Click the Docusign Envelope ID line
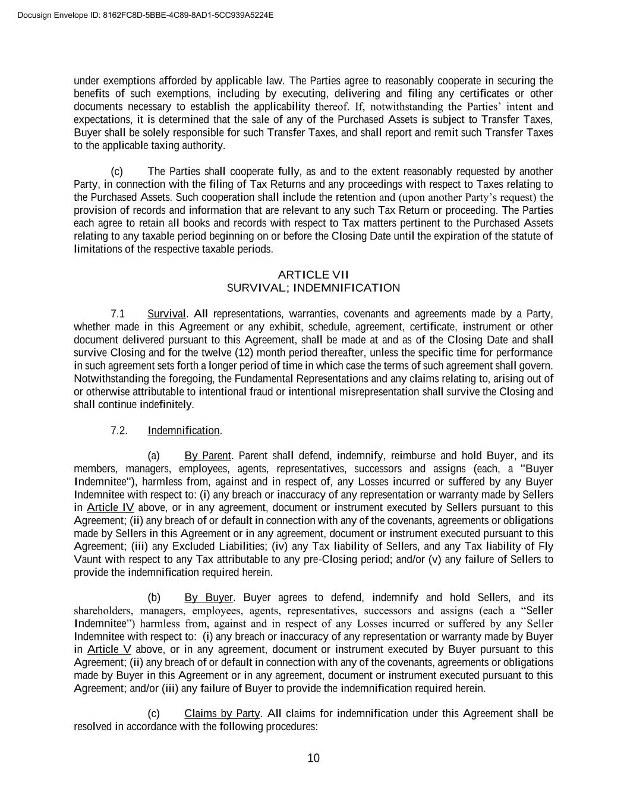click(146, 15)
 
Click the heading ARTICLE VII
click(313, 274)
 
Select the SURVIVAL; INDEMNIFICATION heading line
click(313, 288)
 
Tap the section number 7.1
click(118, 314)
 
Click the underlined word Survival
click(166, 314)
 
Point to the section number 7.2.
click(119, 431)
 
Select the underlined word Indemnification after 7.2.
click(184, 431)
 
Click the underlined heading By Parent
click(207, 456)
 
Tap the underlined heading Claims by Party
click(222, 714)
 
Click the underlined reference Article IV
click(111, 508)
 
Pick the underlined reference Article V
click(109, 649)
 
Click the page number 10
click(314, 758)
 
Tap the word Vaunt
click(87, 560)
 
